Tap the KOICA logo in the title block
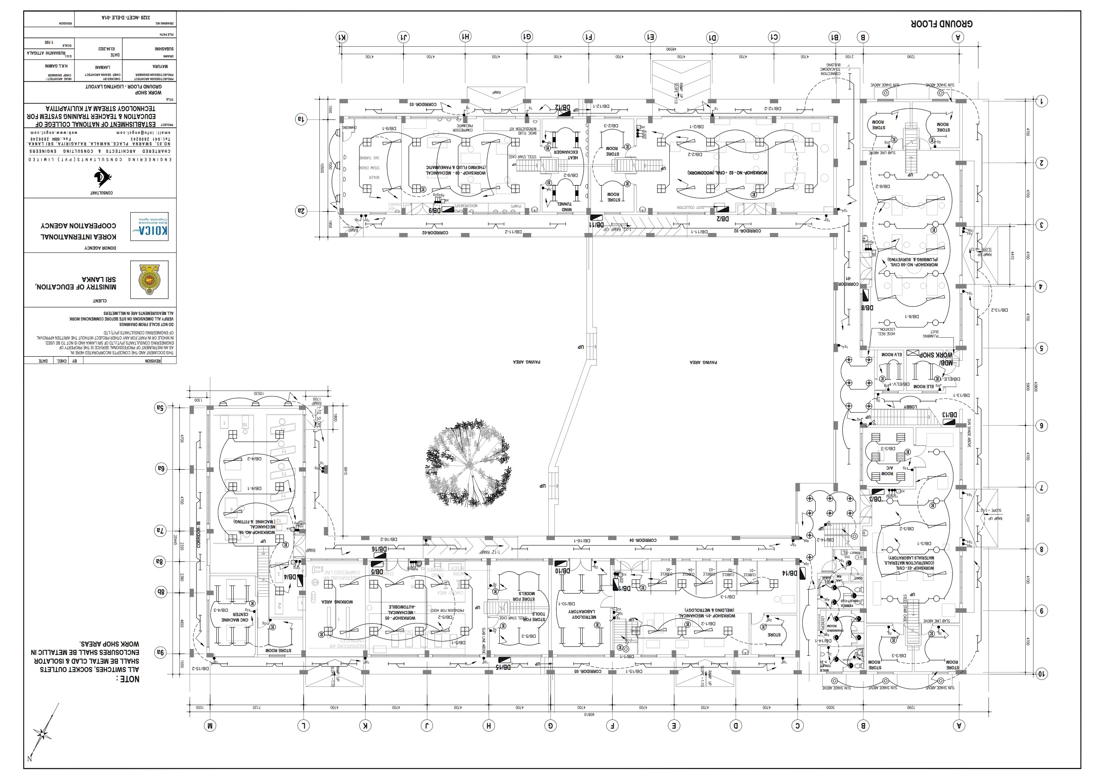[149, 226]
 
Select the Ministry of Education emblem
[149, 279]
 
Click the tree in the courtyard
[468, 465]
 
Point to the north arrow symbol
[42, 733]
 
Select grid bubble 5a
[160, 408]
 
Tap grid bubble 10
[1041, 674]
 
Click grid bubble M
[210, 726]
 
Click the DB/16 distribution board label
[379, 549]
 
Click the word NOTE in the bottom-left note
[127, 679]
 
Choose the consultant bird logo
[102, 177]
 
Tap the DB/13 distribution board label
[950, 415]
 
